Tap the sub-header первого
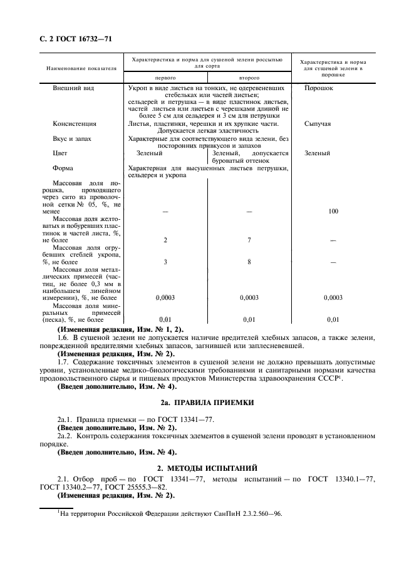tap(165, 78)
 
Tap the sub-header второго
tap(249, 78)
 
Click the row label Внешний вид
tap(73, 88)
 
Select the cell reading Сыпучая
tap(318, 124)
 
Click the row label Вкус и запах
tap(73, 138)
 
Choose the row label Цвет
tap(60, 153)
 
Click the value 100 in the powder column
tap(333, 212)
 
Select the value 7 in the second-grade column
tap(249, 240)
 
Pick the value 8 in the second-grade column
tap(249, 262)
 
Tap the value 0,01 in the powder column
tap(333, 319)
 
